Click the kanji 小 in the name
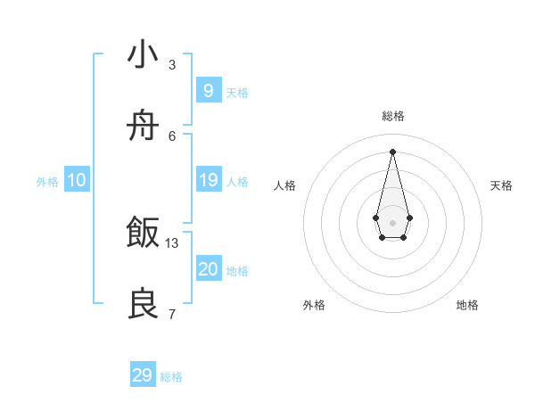click(x=143, y=55)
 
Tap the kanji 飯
click(x=143, y=234)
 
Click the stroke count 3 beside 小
click(x=171, y=65)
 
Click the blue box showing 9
click(x=208, y=90)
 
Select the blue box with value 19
click(x=208, y=180)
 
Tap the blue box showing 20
click(x=208, y=269)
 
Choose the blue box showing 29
click(x=143, y=375)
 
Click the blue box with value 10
click(x=77, y=180)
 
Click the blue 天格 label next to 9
click(x=237, y=92)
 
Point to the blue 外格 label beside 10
click(x=47, y=182)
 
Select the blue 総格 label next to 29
click(x=171, y=377)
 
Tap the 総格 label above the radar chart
click(x=392, y=116)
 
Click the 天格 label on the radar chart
click(x=501, y=185)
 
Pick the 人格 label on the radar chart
click(x=284, y=185)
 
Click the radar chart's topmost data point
click(x=392, y=151)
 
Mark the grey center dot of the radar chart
click(x=392, y=222)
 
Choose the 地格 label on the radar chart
click(x=467, y=305)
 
